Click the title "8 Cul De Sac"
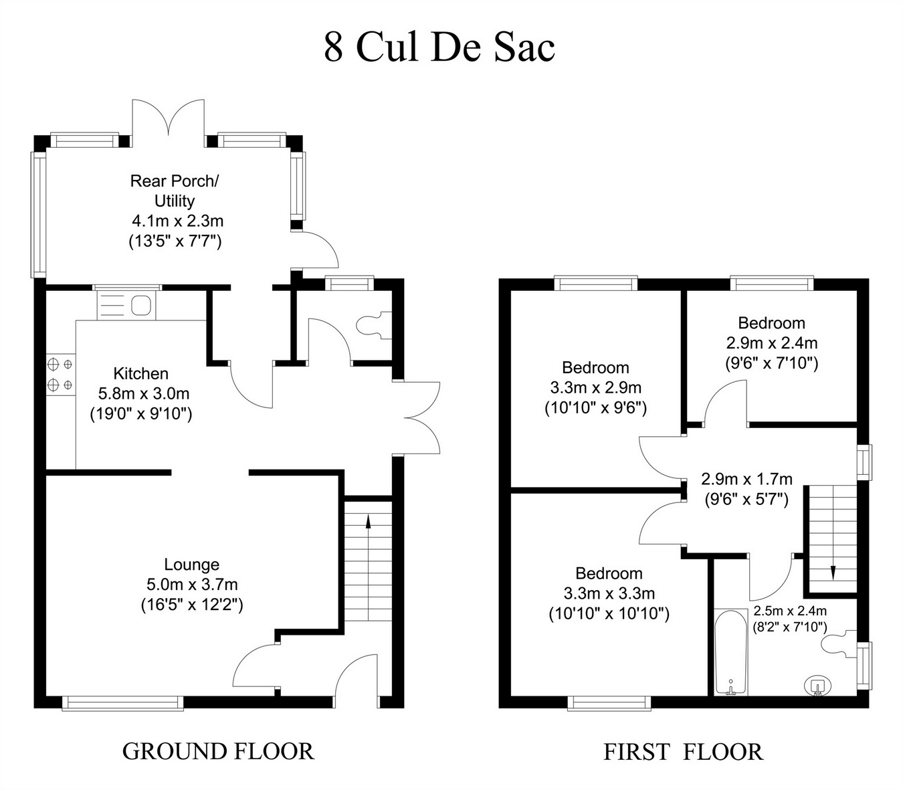pos(439,47)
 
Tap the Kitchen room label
pos(140,374)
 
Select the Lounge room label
pos(191,565)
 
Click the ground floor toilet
pos(373,326)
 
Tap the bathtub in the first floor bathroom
pos(731,653)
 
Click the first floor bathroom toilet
pos(839,644)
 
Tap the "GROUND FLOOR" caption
pos(219,751)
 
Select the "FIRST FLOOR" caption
pos(683,752)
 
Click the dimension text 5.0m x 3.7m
pos(192,585)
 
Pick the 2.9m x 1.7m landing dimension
pos(746,479)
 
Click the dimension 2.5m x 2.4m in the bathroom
pos(790,611)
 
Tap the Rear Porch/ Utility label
pos(175,191)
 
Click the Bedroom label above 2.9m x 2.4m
pos(771,323)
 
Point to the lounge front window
pos(122,703)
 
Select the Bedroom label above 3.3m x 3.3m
pos(609,573)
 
